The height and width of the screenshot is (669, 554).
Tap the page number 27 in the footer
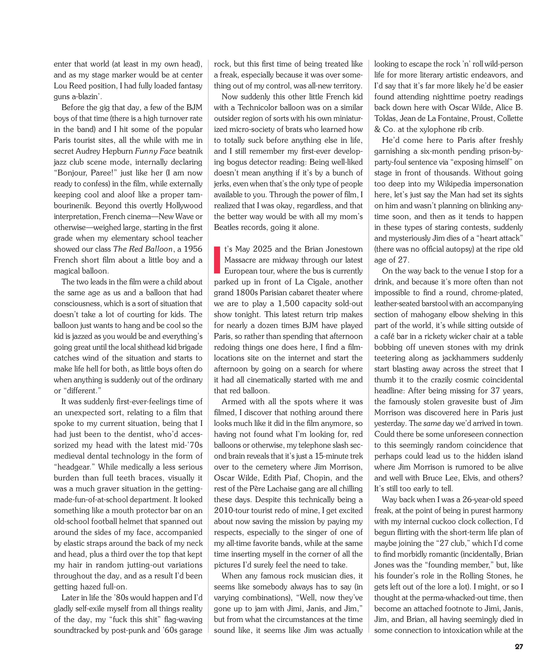point(519,647)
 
